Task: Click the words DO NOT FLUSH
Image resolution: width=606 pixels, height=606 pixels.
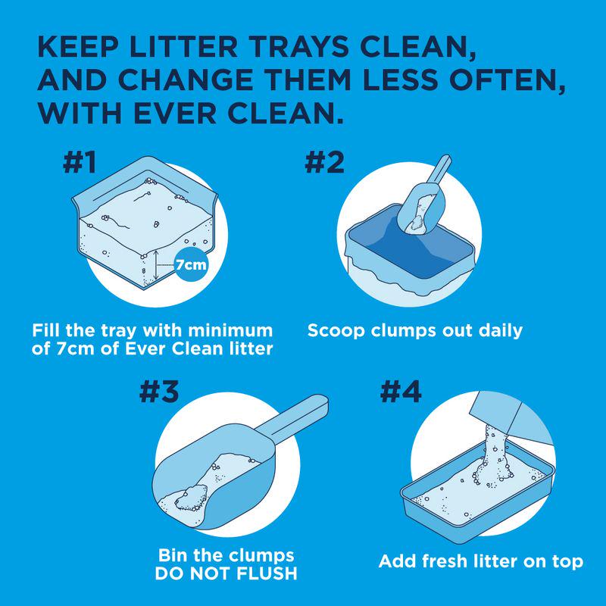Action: (x=226, y=573)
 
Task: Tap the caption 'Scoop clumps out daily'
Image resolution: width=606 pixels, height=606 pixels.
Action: (x=415, y=331)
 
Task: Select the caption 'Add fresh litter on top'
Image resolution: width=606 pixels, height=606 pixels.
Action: (x=481, y=562)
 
